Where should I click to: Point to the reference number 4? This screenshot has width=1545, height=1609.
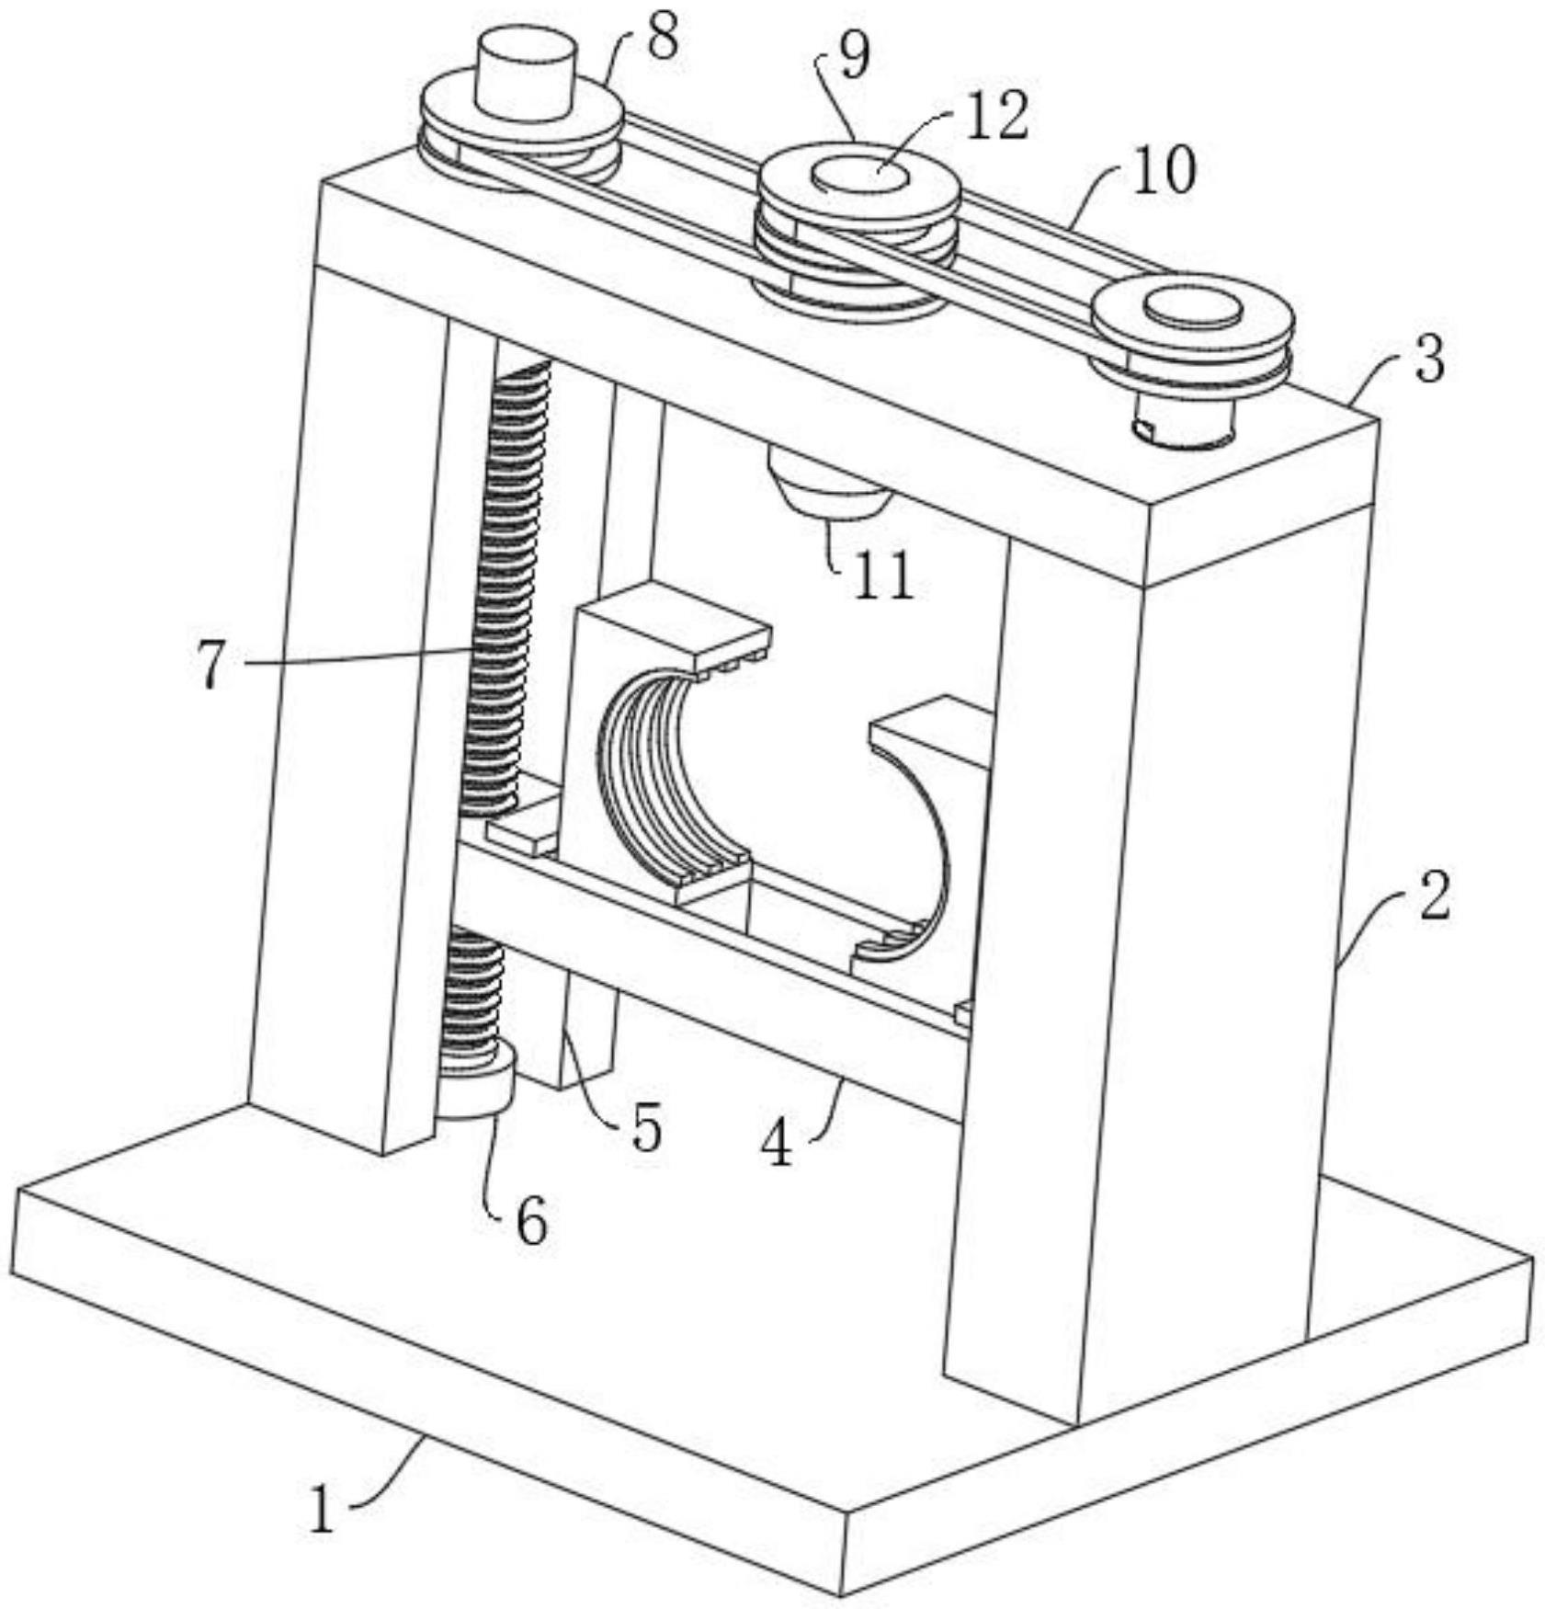pos(778,1144)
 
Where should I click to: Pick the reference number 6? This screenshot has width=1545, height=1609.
pos(531,1222)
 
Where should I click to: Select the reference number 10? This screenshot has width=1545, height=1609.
pos(1163,171)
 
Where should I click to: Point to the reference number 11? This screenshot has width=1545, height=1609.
pos(882,576)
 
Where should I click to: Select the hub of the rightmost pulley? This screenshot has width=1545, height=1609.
pos(1192,309)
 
